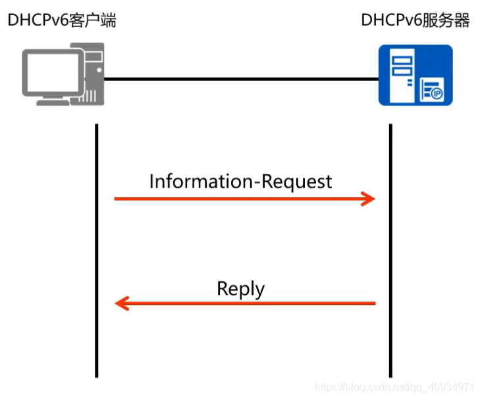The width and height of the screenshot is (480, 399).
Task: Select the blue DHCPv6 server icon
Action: (415, 75)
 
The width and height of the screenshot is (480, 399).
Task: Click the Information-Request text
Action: (240, 181)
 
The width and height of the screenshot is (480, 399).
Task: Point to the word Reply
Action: (240, 289)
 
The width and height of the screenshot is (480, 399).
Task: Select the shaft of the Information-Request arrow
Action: (237, 198)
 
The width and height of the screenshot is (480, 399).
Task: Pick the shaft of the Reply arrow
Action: (250, 304)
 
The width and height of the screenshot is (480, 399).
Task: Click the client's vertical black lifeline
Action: (97, 250)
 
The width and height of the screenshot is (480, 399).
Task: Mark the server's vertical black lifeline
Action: (390, 250)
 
